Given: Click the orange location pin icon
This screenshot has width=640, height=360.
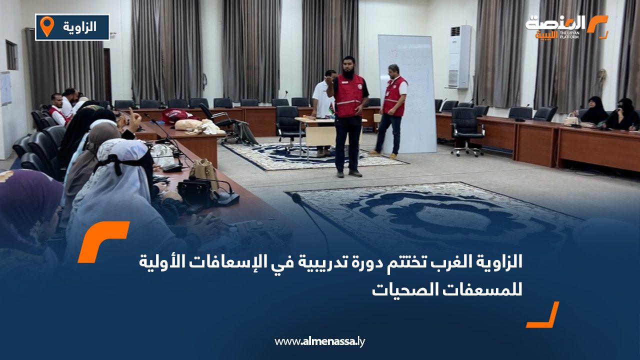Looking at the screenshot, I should pyautogui.click(x=46, y=26).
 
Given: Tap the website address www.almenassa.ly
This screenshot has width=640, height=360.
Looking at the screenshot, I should pyautogui.click(x=320, y=341).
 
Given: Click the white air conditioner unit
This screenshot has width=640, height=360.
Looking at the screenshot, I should pyautogui.click(x=459, y=56).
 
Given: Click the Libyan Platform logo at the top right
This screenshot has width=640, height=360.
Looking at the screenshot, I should pyautogui.click(x=566, y=26).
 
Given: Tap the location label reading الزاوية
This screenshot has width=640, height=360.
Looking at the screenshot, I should pyautogui.click(x=80, y=27).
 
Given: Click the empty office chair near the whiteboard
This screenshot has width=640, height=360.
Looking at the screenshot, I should pyautogui.click(x=466, y=130).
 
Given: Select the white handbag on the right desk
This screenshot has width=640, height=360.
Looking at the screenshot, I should pyautogui.click(x=570, y=119).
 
